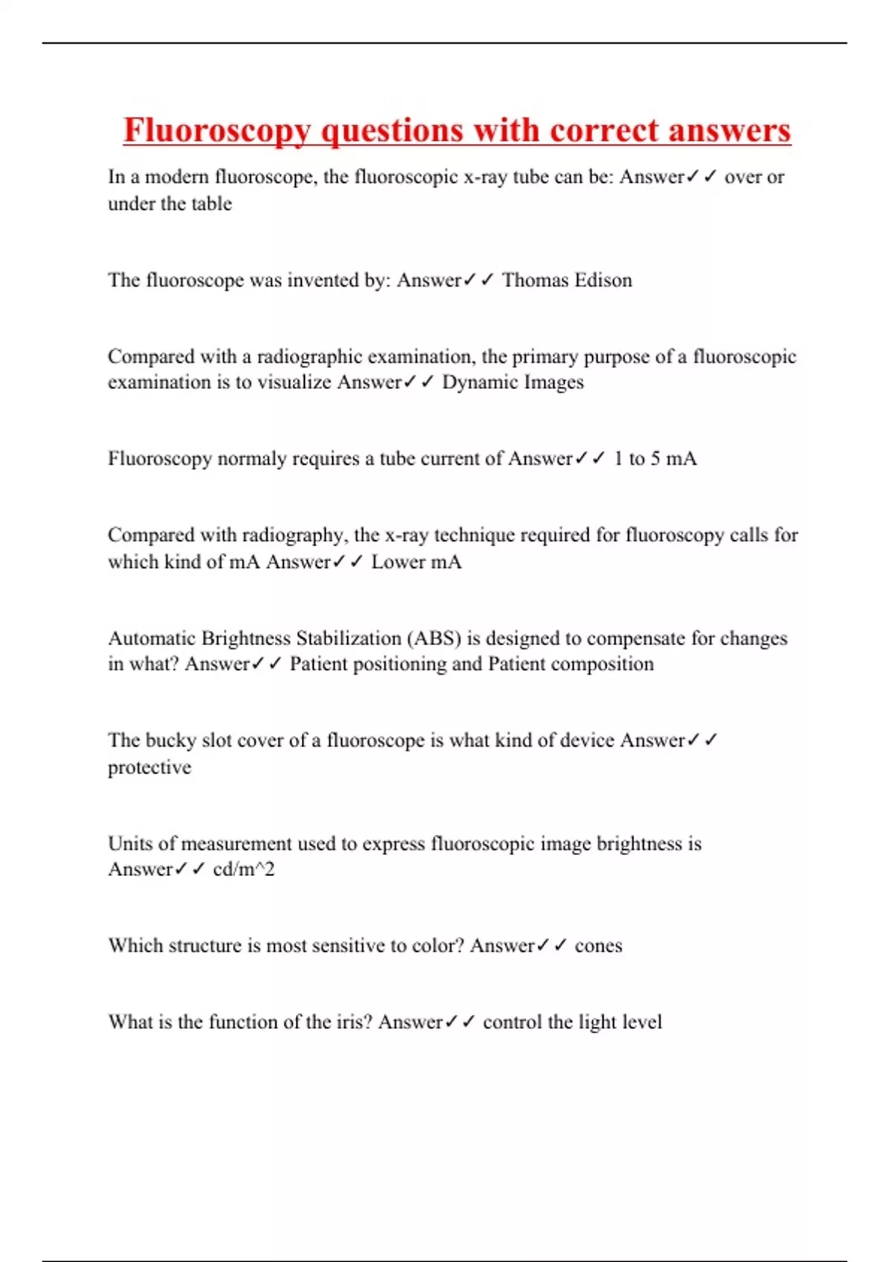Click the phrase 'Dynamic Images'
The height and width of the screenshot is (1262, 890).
coord(512,382)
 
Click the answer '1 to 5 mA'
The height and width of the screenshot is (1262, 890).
coord(655,459)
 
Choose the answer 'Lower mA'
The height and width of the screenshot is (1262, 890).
coord(416,562)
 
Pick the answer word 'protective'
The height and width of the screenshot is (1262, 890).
coord(149,768)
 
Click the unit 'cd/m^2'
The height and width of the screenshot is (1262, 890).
coord(243,869)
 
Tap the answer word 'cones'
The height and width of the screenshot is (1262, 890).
coord(598,946)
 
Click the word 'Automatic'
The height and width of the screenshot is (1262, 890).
coord(151,638)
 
